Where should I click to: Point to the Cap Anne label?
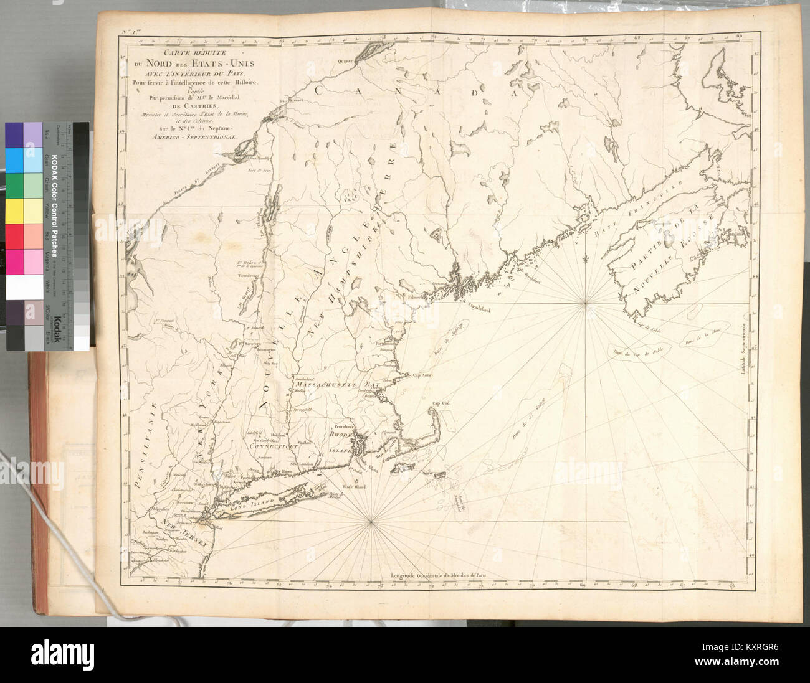tap(422, 375)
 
